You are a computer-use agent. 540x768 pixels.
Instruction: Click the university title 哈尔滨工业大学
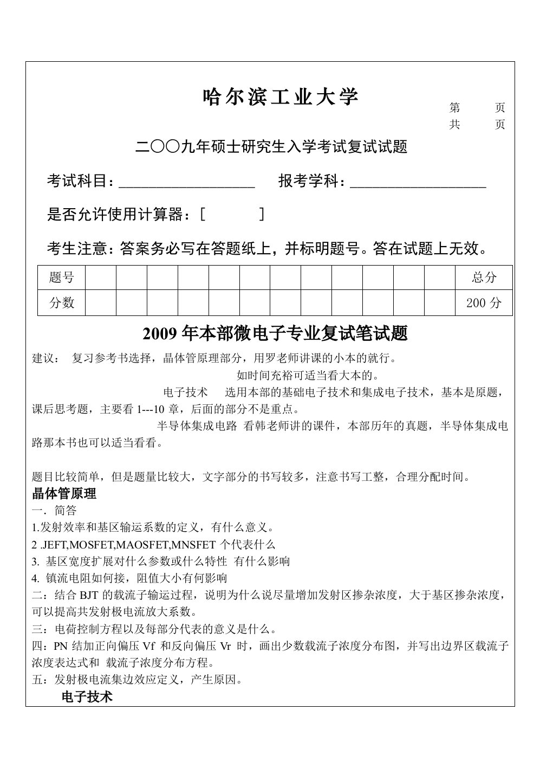pyautogui.click(x=280, y=98)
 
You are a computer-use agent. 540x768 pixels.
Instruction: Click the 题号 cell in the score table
pyautogui.click(x=61, y=278)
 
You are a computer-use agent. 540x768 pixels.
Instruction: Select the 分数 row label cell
pyautogui.click(x=61, y=303)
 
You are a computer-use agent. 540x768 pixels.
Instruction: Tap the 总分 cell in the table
pyautogui.click(x=484, y=278)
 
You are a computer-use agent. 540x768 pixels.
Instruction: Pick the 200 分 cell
pyautogui.click(x=484, y=303)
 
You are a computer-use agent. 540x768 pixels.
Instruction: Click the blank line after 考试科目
pyautogui.click(x=187, y=182)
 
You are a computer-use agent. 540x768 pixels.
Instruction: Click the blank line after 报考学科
pyautogui.click(x=418, y=182)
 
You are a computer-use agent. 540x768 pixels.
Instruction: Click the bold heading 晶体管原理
pyautogui.click(x=64, y=494)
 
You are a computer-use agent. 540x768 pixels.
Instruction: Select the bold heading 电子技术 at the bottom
pyautogui.click(x=87, y=697)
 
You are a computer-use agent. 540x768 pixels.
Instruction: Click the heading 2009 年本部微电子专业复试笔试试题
pyautogui.click(x=275, y=334)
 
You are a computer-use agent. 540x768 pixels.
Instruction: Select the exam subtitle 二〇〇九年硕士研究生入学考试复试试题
pyautogui.click(x=271, y=147)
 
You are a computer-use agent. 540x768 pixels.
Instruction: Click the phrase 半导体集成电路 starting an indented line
pyautogui.click(x=197, y=426)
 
